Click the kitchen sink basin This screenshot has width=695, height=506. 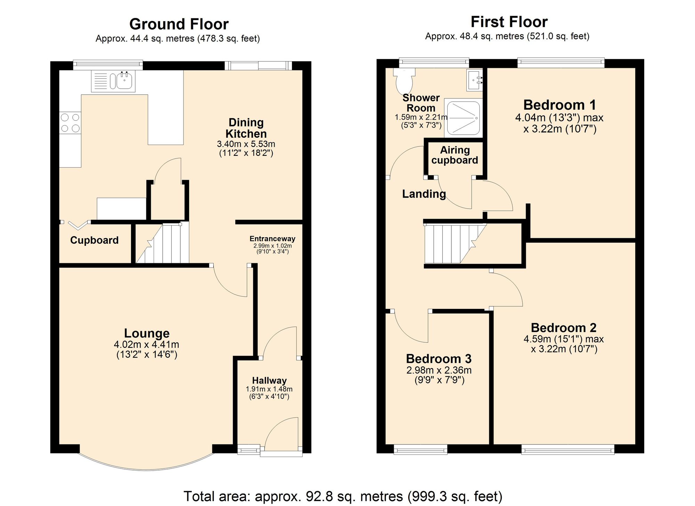pos(124,81)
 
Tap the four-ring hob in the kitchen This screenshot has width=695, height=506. pos(70,123)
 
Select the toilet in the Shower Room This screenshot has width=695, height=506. pos(404,80)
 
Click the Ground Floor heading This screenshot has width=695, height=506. pos(179,24)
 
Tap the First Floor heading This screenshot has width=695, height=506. pos(509,22)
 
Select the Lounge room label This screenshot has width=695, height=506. pos(147,333)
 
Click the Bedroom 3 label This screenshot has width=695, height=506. pos(439,359)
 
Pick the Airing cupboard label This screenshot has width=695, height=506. pos(455,155)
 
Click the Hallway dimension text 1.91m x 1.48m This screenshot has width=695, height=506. pos(269,389)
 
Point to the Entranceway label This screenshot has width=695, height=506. pos(272,239)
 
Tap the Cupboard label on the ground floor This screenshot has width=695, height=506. pos(94,240)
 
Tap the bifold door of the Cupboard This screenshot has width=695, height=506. pos(77,225)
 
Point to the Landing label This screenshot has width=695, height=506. pos(424,194)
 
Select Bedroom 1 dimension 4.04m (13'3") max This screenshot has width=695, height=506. pos(559,118)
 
